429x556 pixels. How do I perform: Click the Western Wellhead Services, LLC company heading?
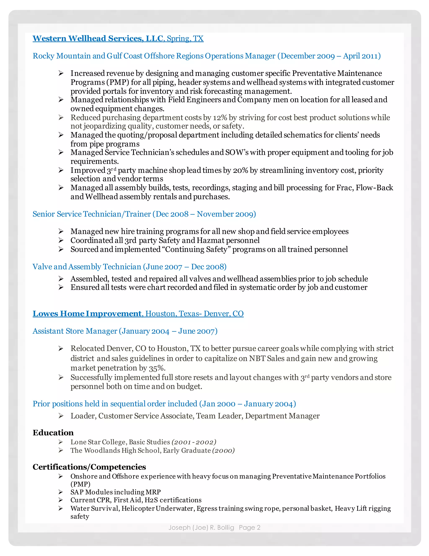98,38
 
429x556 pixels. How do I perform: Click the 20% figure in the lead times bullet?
240,170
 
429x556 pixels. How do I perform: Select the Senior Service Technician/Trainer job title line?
144,214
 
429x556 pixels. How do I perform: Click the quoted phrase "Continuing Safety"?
196,249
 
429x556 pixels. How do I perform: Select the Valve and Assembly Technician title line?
129,267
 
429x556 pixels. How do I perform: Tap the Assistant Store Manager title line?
125,331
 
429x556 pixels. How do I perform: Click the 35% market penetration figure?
157,368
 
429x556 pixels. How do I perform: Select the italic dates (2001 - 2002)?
194,442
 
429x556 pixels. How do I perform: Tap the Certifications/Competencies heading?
89,467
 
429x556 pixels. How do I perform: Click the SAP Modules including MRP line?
116,492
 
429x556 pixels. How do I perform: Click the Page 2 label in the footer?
249,527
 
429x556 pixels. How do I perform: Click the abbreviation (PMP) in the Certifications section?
80,484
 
